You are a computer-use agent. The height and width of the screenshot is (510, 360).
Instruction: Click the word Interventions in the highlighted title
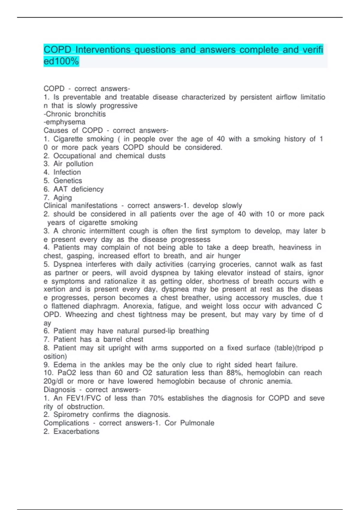(x=103, y=49)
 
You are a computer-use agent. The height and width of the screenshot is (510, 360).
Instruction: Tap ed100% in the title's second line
(x=61, y=61)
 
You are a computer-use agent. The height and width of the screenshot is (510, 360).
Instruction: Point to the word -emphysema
(x=64, y=122)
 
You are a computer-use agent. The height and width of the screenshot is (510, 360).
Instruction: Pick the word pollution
(x=79, y=164)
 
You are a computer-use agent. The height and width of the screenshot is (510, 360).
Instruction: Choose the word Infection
(x=67, y=172)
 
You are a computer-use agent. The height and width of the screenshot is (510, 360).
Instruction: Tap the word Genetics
(x=67, y=181)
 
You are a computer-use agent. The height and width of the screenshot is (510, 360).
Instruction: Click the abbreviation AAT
(x=60, y=189)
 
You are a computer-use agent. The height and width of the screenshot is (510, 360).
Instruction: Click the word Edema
(x=65, y=365)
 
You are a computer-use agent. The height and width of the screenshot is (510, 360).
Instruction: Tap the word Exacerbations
(x=76, y=431)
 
